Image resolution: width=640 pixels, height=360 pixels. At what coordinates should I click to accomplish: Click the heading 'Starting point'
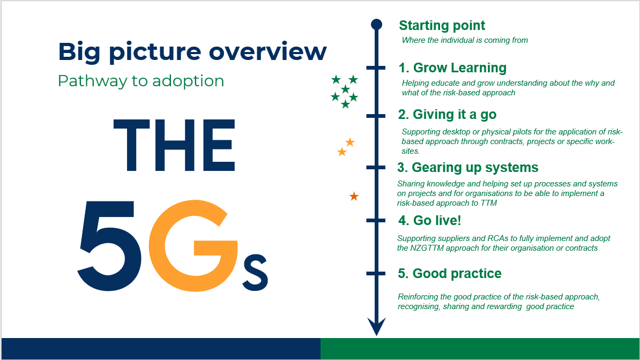click(x=442, y=26)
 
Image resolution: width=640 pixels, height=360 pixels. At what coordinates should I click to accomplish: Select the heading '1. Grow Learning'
click(x=452, y=67)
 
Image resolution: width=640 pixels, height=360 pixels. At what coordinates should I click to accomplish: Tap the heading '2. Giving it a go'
click(x=448, y=115)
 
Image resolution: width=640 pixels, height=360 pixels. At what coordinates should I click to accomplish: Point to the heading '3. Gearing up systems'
click(x=468, y=167)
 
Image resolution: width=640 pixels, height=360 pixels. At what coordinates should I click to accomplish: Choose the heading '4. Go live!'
click(x=430, y=220)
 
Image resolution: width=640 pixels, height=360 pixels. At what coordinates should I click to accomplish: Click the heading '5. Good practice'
click(x=450, y=273)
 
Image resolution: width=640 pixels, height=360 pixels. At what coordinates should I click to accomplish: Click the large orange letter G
click(x=193, y=246)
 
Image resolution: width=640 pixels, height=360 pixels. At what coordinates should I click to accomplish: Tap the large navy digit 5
click(x=109, y=246)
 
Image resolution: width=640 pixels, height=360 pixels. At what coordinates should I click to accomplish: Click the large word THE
click(x=174, y=145)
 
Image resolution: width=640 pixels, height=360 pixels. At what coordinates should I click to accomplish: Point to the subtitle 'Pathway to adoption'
click(x=141, y=81)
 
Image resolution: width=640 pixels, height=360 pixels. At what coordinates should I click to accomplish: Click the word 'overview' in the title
click(x=268, y=51)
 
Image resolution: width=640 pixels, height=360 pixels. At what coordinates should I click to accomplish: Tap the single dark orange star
click(x=354, y=196)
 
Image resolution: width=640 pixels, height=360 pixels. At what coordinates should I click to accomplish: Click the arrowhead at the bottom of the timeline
click(x=376, y=327)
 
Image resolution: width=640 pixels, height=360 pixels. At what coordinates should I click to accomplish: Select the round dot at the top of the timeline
click(x=376, y=25)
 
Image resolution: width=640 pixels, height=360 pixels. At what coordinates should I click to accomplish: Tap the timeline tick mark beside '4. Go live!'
click(x=376, y=220)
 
